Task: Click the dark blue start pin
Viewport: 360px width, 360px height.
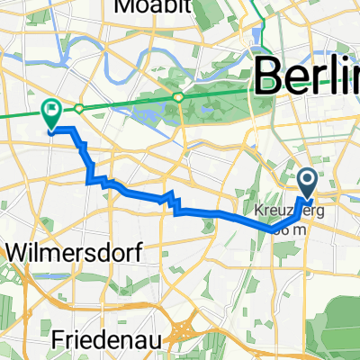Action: click(x=307, y=184)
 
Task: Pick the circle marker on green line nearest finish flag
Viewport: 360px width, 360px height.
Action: click(x=80, y=107)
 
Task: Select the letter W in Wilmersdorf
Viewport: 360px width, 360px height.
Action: click(x=17, y=254)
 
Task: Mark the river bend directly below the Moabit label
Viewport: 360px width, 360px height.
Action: click(x=135, y=40)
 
